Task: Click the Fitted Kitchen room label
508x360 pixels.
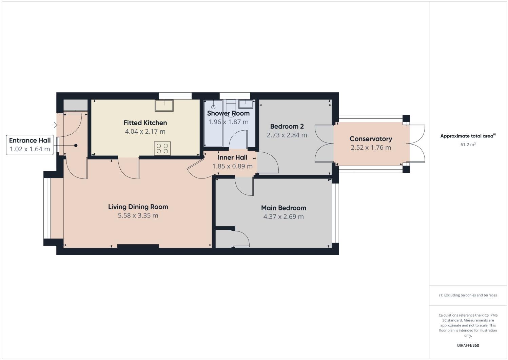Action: (145, 123)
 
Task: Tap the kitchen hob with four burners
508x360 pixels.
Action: (162, 148)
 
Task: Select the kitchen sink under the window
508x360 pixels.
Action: (164, 106)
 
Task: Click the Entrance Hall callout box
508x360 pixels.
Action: (30, 145)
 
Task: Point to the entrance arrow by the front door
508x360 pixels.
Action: (54, 125)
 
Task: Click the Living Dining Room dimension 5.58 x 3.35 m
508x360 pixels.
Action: (138, 215)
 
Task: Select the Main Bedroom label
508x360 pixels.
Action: (284, 208)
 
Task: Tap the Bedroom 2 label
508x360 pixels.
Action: (287, 127)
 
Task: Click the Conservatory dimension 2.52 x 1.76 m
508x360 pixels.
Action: (371, 148)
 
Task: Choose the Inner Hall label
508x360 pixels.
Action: (232, 157)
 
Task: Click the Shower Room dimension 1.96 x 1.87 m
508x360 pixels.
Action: (228, 122)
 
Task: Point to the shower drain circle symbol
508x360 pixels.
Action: (213, 107)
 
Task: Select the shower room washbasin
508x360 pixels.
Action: (245, 103)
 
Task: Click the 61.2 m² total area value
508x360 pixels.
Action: (468, 145)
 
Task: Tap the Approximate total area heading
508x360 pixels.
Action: (468, 136)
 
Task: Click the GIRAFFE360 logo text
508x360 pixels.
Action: (468, 345)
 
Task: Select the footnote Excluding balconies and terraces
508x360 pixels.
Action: (468, 295)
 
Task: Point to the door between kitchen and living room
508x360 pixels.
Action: (129, 168)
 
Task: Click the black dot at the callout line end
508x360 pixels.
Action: (76, 146)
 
